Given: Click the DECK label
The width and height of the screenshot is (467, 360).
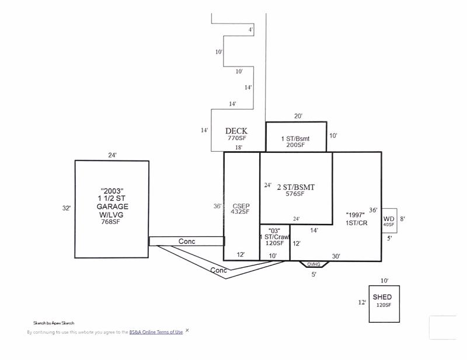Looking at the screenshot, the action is click(236, 131).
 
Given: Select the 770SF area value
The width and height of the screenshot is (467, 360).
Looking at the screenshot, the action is click(237, 138).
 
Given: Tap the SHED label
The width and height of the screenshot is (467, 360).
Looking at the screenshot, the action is click(382, 297).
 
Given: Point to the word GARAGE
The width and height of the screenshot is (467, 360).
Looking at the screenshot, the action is click(112, 207).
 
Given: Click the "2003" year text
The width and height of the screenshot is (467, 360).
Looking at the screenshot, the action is click(112, 191).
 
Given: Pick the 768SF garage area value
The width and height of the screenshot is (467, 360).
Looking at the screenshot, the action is click(110, 222).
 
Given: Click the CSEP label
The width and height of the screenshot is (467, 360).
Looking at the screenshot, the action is click(241, 206).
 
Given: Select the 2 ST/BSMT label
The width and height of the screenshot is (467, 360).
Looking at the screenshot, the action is click(296, 187).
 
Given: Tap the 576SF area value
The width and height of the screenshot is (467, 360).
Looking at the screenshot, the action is click(295, 194).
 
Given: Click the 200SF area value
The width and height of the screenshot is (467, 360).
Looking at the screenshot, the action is click(295, 145).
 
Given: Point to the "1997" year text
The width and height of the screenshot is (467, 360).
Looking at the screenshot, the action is click(356, 215).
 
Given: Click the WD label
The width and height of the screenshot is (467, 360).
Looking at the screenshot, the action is click(389, 219).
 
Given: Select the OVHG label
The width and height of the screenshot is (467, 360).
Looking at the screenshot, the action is click(313, 264).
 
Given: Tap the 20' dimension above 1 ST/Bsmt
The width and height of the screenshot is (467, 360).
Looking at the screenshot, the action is click(298, 116).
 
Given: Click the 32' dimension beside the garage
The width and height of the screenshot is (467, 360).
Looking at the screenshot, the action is click(67, 208).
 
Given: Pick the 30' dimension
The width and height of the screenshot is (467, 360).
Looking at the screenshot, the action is click(336, 256).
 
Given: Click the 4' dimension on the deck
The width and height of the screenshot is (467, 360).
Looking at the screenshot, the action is click(251, 30).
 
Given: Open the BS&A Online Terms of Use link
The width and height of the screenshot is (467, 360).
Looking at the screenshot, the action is click(156, 332).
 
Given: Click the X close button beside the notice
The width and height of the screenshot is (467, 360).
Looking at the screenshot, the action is click(187, 330).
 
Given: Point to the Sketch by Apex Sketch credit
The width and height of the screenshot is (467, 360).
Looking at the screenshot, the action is click(54, 323).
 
